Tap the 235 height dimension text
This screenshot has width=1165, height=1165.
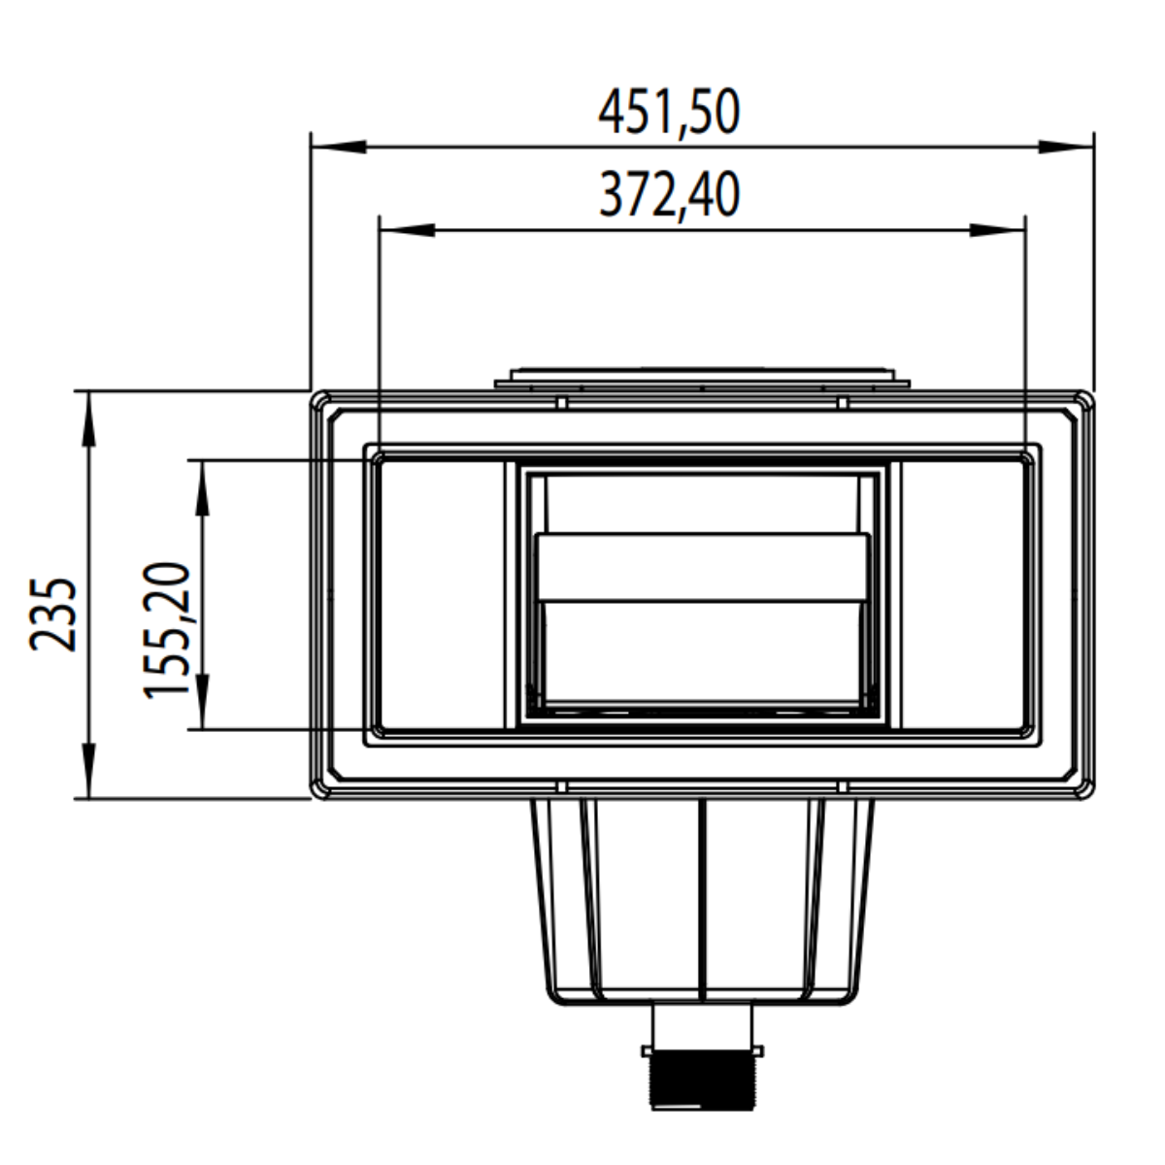[53, 614]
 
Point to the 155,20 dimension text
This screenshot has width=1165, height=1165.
[167, 629]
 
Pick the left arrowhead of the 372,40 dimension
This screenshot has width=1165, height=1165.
[406, 230]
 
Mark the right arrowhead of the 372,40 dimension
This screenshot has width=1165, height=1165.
[998, 230]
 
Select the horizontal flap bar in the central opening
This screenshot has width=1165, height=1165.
[702, 568]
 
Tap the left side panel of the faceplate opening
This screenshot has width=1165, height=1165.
[442, 594]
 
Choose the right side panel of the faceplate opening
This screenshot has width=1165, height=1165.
[963, 594]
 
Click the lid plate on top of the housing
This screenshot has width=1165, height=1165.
[702, 377]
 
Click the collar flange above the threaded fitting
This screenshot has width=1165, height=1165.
[702, 1050]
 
